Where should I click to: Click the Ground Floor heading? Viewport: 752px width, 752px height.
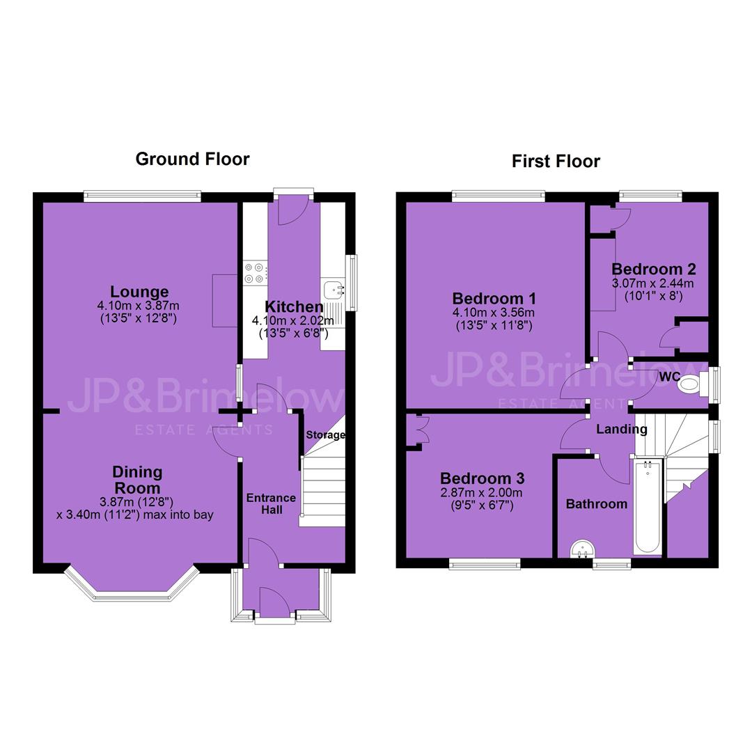tap(192, 159)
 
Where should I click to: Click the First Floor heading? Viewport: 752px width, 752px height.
tap(556, 161)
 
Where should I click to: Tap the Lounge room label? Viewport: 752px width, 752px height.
tap(139, 292)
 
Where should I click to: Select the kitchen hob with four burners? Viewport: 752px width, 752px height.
tap(255, 272)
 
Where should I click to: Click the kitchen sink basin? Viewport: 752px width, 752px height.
tap(334, 289)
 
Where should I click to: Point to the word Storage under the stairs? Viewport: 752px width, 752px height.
tap(326, 435)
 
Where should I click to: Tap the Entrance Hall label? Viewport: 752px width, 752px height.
tap(272, 503)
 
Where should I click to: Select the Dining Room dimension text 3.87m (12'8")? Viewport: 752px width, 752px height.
tap(136, 502)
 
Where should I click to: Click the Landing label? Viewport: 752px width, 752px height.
tap(622, 429)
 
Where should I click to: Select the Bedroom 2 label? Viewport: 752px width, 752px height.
tap(654, 269)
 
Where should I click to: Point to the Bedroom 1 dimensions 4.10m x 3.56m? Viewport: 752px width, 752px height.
tap(494, 313)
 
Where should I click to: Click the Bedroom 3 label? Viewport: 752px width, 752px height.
tap(482, 478)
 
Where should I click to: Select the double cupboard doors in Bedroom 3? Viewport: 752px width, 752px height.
tap(421, 429)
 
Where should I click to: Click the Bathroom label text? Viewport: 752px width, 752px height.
tap(597, 504)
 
